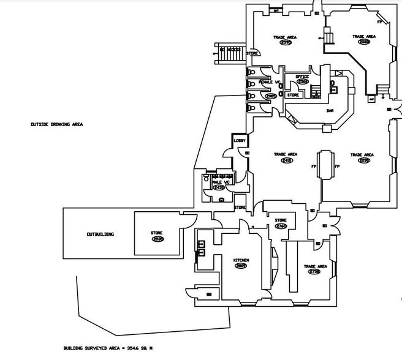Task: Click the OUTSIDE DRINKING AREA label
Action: point(56,124)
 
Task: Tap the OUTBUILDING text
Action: point(100,234)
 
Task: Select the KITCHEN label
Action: point(241,260)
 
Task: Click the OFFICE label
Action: point(302,76)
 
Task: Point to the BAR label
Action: point(329,111)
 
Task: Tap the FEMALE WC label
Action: point(270,81)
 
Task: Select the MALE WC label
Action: point(220,182)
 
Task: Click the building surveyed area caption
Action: point(108,348)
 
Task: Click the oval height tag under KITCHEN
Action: point(241,266)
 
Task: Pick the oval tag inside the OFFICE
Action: point(302,81)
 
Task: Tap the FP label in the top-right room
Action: point(379,22)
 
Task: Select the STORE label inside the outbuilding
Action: point(156,233)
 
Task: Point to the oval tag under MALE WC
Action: point(220,187)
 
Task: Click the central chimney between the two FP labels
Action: point(325,165)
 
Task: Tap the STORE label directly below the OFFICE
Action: point(294,95)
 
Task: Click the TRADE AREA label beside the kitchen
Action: point(315,266)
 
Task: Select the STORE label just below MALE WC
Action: point(240,208)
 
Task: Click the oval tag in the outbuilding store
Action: point(156,239)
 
